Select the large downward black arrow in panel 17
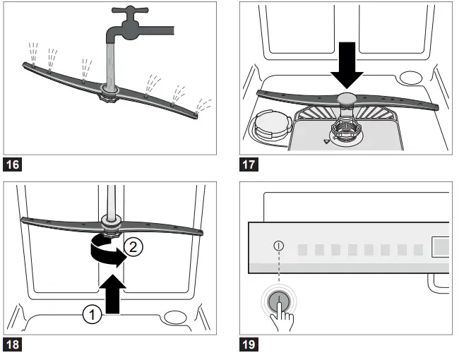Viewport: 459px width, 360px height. tap(346, 64)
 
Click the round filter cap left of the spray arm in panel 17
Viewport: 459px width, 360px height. tap(266, 126)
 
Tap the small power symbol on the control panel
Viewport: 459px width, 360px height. tap(279, 246)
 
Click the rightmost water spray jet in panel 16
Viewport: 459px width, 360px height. tap(205, 104)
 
